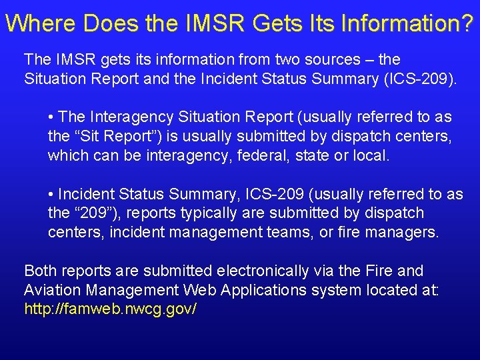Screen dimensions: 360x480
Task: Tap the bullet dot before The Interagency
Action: (51, 117)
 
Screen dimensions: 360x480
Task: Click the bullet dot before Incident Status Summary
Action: (51, 195)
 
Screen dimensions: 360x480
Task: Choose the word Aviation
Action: (51, 291)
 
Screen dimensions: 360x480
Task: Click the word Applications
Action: (257, 291)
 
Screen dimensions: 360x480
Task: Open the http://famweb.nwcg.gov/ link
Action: (111, 310)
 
